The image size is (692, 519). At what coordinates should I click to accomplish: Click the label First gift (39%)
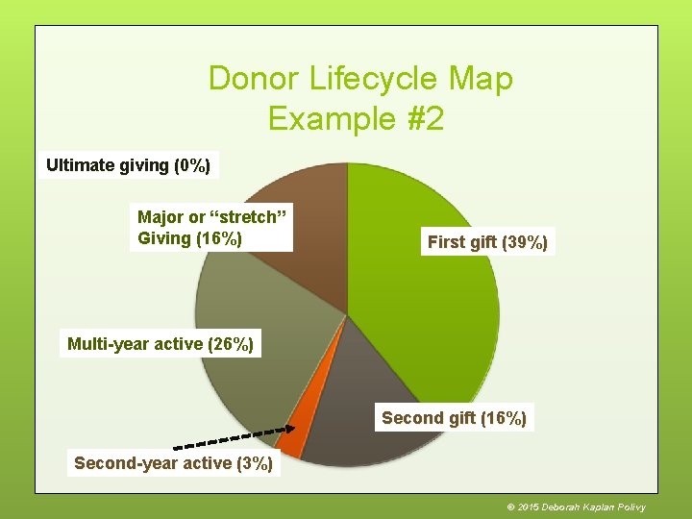click(x=487, y=242)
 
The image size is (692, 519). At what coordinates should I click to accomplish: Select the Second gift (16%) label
click(x=454, y=418)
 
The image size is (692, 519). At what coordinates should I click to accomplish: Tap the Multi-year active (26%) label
click(x=161, y=343)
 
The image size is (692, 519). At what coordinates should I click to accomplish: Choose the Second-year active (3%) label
click(x=174, y=463)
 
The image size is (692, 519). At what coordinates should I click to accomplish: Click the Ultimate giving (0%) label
click(x=129, y=165)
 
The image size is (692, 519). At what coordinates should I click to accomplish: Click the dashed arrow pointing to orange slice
click(x=231, y=439)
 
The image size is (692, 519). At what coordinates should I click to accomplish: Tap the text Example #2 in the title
click(x=356, y=119)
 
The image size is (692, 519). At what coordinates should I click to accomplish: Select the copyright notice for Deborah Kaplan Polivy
click(x=576, y=507)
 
